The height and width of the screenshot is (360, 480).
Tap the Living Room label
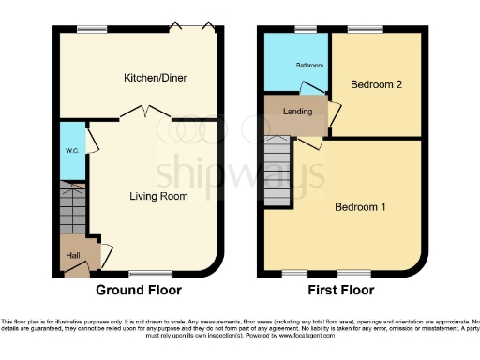point(158,197)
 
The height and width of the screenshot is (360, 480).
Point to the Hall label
point(72,254)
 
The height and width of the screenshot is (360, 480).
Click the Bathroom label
point(309,66)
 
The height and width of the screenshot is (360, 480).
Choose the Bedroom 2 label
point(376,85)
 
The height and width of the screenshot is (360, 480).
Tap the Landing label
point(297,113)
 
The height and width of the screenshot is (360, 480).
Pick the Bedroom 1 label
point(361,207)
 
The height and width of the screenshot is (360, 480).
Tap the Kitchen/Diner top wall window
point(91,31)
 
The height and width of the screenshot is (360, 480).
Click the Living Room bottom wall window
point(142,274)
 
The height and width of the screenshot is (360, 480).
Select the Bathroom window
point(305,30)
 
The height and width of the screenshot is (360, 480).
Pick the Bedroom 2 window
point(367,30)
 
